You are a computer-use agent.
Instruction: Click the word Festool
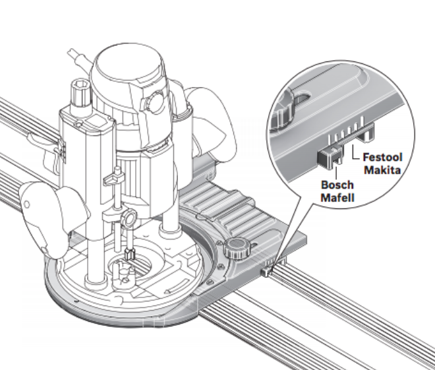click(x=383, y=158)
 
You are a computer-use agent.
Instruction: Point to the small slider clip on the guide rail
click(x=267, y=270)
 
